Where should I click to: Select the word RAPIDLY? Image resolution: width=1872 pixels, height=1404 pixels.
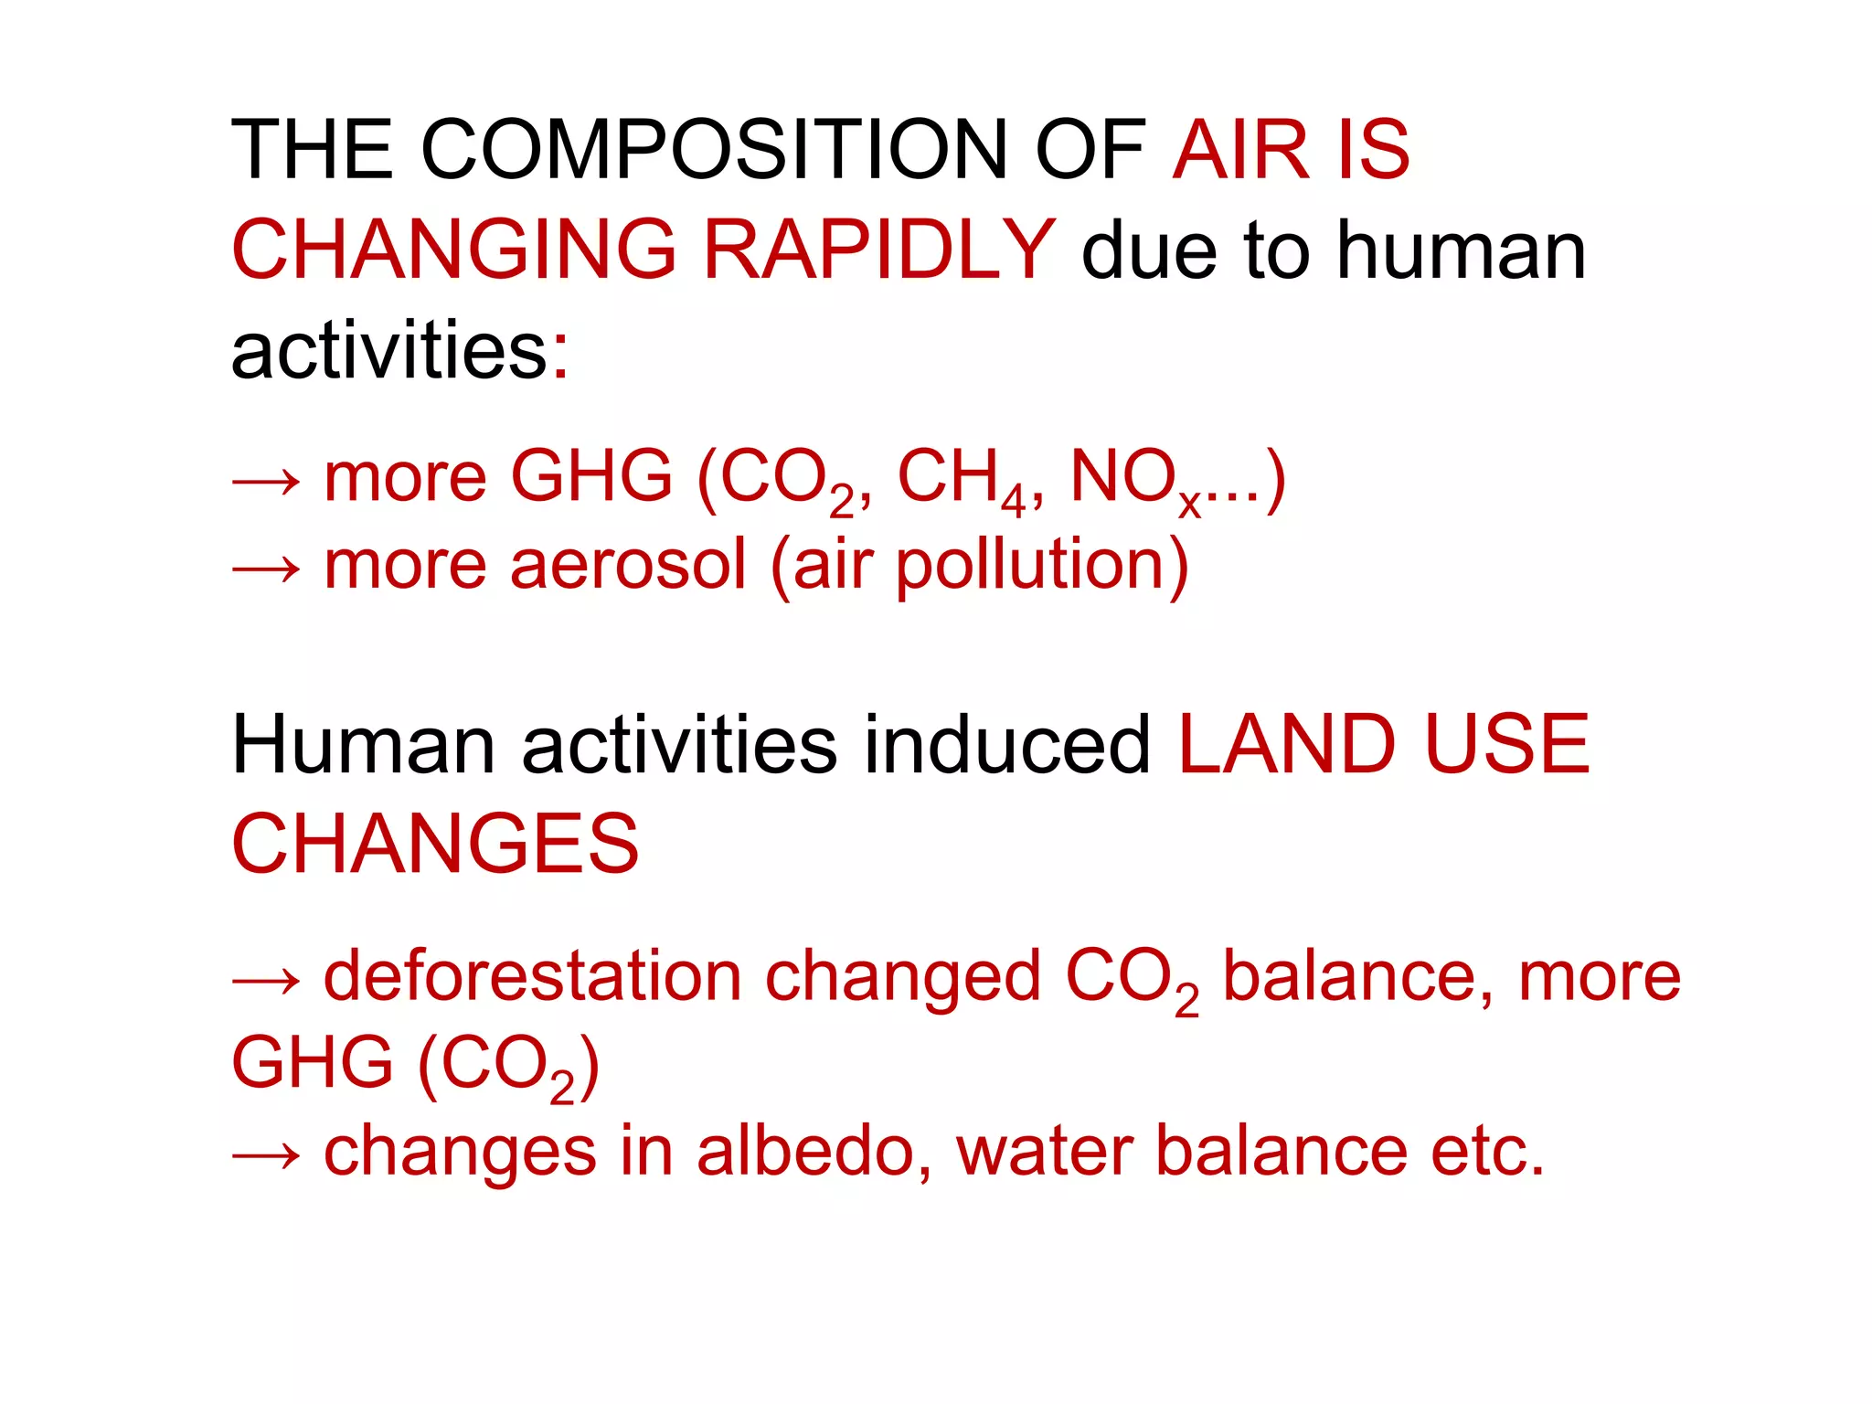tap(879, 250)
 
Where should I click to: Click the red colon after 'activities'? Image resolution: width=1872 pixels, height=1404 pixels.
tap(560, 355)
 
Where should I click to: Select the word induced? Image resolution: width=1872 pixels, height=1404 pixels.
tap(1006, 745)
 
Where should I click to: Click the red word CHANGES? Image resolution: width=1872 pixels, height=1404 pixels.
tap(435, 844)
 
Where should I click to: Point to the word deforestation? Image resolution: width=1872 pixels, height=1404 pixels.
tap(533, 976)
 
